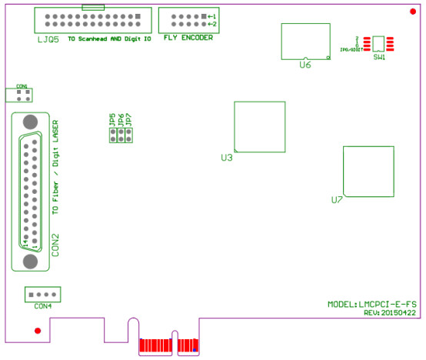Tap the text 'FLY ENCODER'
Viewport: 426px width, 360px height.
coord(188,37)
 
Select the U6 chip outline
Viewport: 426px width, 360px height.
coord(307,40)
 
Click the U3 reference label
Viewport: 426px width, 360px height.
coord(226,158)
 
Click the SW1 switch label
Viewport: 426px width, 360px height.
coord(379,58)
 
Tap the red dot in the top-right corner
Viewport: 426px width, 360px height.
coord(413,10)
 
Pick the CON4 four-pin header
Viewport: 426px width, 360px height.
coord(43,294)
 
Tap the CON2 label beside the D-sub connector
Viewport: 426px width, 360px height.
coord(55,243)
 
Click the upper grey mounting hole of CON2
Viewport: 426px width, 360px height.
coord(31,122)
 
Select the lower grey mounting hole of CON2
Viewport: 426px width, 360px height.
coord(31,261)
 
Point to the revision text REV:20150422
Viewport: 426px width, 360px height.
coord(389,313)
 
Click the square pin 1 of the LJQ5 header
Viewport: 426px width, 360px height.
coord(138,16)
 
